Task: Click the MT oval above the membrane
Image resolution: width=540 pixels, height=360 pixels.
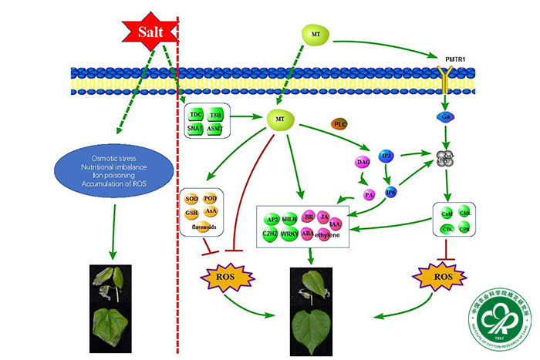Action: point(316,35)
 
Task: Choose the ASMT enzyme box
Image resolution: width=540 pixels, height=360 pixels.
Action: point(216,128)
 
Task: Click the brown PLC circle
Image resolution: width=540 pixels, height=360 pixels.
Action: point(340,124)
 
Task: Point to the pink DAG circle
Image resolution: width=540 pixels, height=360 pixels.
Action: point(363,162)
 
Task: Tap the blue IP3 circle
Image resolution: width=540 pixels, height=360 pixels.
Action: point(386,157)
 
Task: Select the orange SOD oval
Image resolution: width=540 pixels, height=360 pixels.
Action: point(192,199)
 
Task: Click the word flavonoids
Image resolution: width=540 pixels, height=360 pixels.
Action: point(202,228)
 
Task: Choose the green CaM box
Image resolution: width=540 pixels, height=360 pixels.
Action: point(445,212)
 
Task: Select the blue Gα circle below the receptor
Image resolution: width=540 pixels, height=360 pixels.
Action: point(445,116)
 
